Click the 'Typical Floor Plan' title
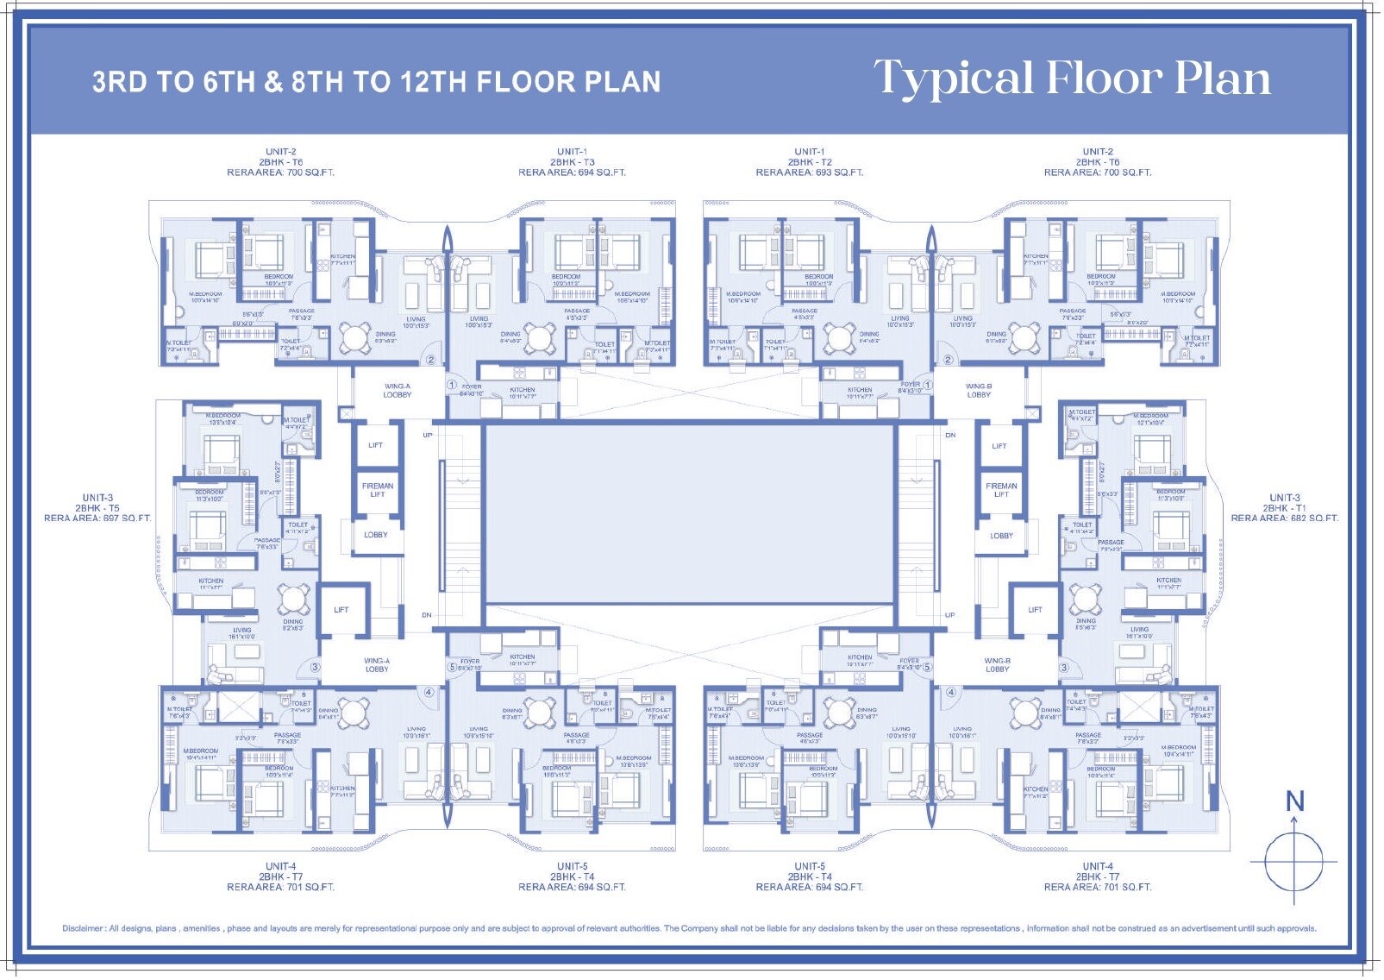(x=1072, y=79)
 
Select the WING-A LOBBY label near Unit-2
(x=398, y=391)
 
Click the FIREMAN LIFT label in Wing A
(x=378, y=490)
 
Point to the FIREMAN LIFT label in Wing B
(x=1001, y=490)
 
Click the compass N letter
(x=1294, y=801)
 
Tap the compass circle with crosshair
(x=1293, y=862)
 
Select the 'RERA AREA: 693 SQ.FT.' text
(x=809, y=173)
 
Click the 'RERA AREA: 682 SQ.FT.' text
(x=1284, y=518)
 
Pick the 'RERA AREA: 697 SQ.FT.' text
(x=97, y=518)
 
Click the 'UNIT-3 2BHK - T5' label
(x=97, y=503)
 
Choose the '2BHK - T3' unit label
(x=572, y=162)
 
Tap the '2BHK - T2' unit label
(x=809, y=162)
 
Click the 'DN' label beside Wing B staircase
(x=949, y=436)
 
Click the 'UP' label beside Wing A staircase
(x=428, y=436)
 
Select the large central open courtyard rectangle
(x=690, y=515)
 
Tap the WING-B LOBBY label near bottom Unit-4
(x=997, y=665)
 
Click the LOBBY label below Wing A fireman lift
(x=376, y=535)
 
